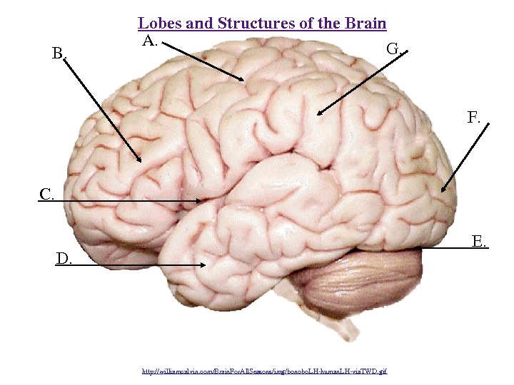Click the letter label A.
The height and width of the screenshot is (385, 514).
pos(148,41)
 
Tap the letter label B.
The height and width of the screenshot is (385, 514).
pos(58,53)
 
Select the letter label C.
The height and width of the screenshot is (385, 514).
pos(46,194)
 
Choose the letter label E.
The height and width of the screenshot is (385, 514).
pos(480,242)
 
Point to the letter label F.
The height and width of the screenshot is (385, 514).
pos(474,118)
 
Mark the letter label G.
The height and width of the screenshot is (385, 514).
pos(393,48)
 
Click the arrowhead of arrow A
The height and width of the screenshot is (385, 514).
pos(245,80)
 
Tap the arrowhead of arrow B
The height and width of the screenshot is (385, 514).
pos(141,161)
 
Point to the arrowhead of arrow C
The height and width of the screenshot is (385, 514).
pos(201,202)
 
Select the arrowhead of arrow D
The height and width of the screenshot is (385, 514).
pos(206,265)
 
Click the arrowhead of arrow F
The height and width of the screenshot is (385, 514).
pos(442,190)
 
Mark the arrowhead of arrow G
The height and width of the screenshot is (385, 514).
pos(318,113)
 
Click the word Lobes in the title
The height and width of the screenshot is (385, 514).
pos(159,24)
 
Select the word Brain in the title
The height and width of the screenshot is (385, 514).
pos(366,24)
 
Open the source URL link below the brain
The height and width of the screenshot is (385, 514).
pos(264,371)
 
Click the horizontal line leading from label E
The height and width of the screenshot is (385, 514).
pos(446,247)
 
